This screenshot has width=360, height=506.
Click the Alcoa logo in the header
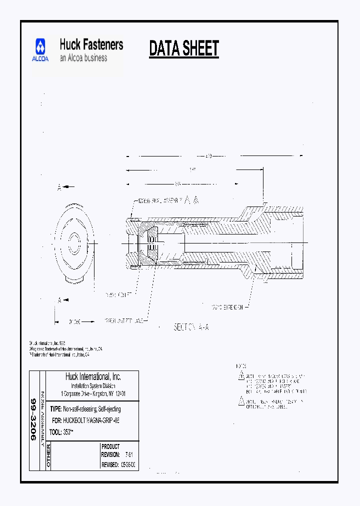pyautogui.click(x=41, y=50)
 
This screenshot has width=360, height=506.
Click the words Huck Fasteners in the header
pyautogui.click(x=91, y=44)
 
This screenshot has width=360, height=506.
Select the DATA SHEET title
pyautogui.click(x=184, y=49)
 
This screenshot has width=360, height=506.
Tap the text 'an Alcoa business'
pyautogui.click(x=83, y=58)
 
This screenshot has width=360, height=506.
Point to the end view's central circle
pyautogui.click(x=75, y=244)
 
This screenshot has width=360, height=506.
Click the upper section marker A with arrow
pyautogui.click(x=65, y=187)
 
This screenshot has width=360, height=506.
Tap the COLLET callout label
pyautogui.click(x=118, y=295)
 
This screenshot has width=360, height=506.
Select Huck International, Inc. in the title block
pyautogui.click(x=93, y=377)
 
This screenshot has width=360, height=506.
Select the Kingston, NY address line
pyautogui.click(x=93, y=393)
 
